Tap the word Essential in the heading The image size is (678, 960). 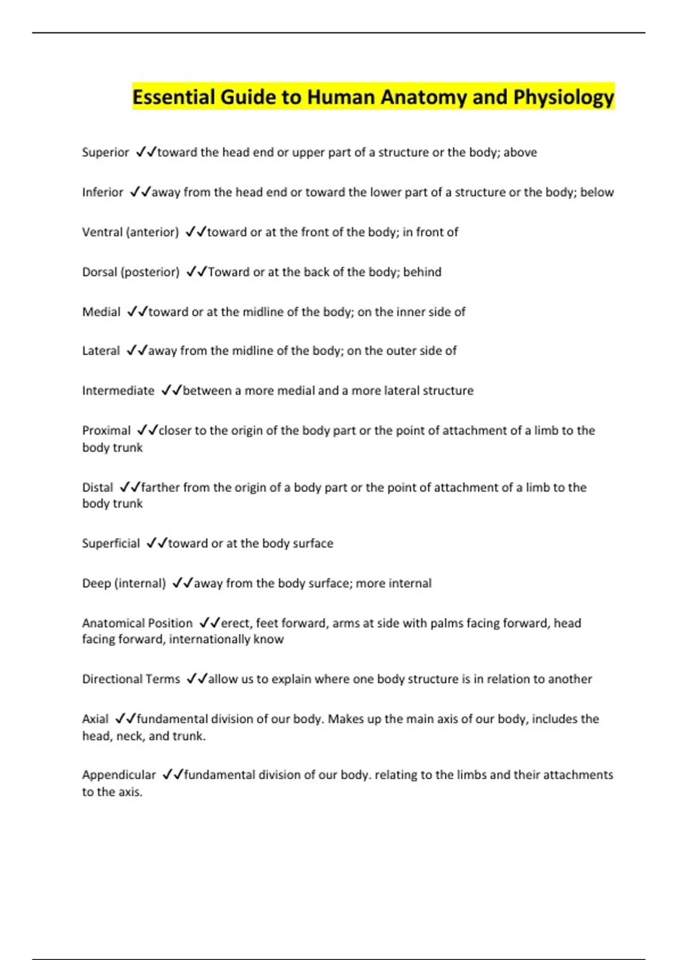pyautogui.click(x=173, y=98)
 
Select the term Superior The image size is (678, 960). pyautogui.click(x=106, y=152)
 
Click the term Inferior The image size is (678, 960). pyautogui.click(x=102, y=193)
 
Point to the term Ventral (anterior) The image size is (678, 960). pyautogui.click(x=131, y=232)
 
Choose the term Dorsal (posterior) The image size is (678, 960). pyautogui.click(x=131, y=272)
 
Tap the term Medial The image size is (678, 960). pyautogui.click(x=101, y=312)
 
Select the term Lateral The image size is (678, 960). pyautogui.click(x=101, y=351)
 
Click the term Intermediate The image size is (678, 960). pyautogui.click(x=118, y=391)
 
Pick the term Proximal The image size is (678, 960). pyautogui.click(x=106, y=431)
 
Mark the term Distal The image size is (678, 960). pyautogui.click(x=97, y=487)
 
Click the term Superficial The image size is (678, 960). pyautogui.click(x=111, y=543)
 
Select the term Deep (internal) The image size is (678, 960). pyautogui.click(x=124, y=583)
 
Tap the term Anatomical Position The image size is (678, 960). pyautogui.click(x=137, y=623)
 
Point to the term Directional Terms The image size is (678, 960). pyautogui.click(x=131, y=679)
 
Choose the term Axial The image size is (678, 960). pyautogui.click(x=95, y=719)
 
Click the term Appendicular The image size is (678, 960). pyautogui.click(x=119, y=775)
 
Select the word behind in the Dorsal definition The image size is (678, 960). pyautogui.click(x=422, y=272)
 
